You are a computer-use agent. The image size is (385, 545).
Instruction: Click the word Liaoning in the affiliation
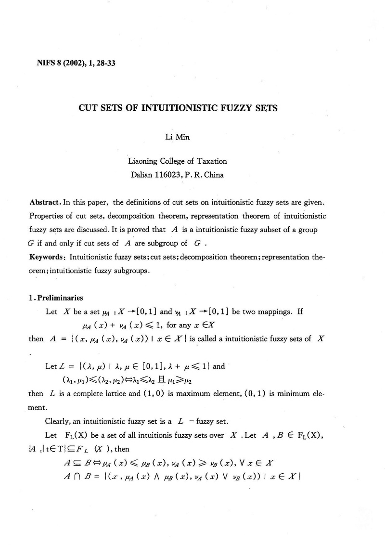145,162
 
